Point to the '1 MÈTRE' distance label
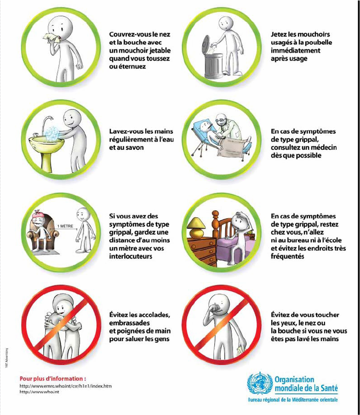pyautogui.click(x=65, y=227)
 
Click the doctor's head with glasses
pyautogui.click(x=221, y=121)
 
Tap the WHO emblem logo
pyautogui.click(x=260, y=384)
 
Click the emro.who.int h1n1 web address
pyautogui.click(x=65, y=386)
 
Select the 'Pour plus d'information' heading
pyautogui.click(x=53, y=378)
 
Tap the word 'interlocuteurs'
pyautogui.click(x=131, y=256)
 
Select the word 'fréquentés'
pyautogui.click(x=287, y=256)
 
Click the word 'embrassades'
pyautogui.click(x=129, y=323)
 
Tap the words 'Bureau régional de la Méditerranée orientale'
pyautogui.click(x=293, y=400)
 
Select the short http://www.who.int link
pyautogui.click(x=39, y=392)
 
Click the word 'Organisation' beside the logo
pyautogui.click(x=294, y=380)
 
